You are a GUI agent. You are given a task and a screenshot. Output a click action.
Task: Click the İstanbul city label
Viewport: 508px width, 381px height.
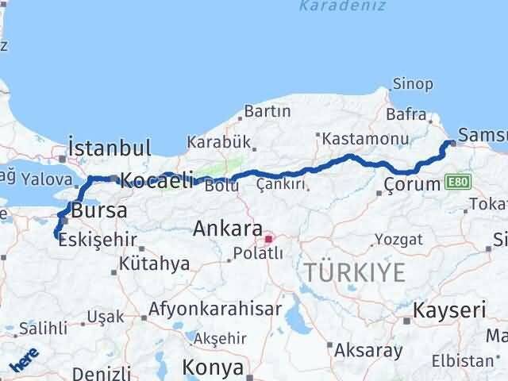click(110, 148)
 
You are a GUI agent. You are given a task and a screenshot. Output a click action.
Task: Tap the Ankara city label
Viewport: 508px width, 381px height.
click(227, 229)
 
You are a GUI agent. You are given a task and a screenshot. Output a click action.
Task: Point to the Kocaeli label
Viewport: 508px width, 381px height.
click(156, 181)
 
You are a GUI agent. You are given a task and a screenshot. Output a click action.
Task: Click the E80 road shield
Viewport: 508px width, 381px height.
click(455, 183)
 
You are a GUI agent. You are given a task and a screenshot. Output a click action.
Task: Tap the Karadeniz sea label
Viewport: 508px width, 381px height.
click(343, 6)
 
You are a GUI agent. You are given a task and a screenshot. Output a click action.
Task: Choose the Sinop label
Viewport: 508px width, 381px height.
click(413, 84)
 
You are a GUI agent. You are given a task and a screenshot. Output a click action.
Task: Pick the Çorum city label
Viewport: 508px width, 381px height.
click(411, 185)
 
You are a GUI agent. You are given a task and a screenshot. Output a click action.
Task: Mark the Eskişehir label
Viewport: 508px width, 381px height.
click(98, 240)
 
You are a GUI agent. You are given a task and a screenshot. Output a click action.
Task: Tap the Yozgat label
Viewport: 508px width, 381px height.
click(394, 238)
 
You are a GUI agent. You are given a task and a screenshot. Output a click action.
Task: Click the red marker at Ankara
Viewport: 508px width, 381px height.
click(269, 237)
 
